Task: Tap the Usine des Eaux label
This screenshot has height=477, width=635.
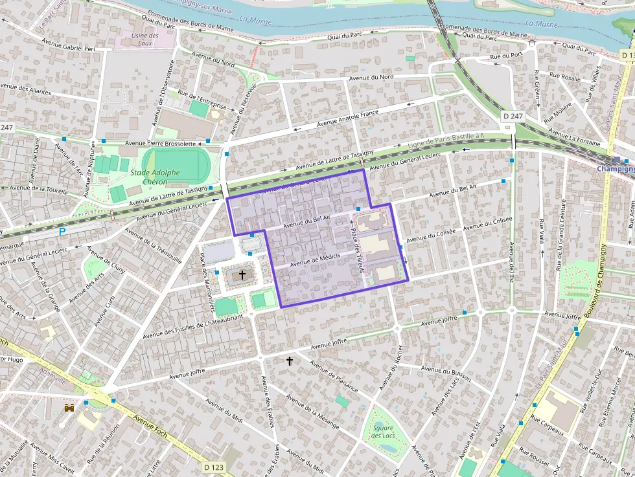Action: click(144, 39)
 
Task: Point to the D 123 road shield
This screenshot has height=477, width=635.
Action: click(214, 467)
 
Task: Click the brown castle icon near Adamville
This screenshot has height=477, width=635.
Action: click(69, 408)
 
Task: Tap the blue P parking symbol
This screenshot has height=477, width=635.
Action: click(62, 231)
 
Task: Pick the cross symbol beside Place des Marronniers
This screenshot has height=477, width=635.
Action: click(242, 275)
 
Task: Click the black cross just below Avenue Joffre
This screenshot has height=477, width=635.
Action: click(290, 361)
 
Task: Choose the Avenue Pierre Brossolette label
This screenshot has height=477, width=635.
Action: click(160, 143)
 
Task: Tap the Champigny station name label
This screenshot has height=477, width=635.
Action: click(615, 169)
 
